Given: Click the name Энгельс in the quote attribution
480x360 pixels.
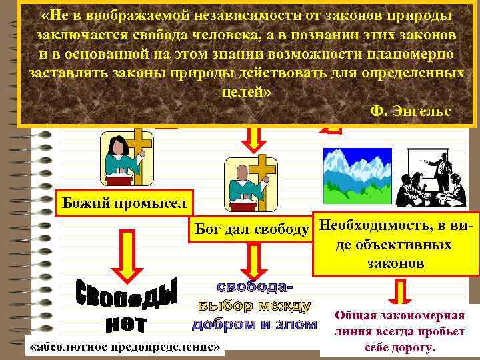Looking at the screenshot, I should [x=426, y=110].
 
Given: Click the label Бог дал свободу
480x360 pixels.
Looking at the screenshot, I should [x=251, y=230].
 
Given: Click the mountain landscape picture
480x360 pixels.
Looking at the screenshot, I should [x=354, y=175].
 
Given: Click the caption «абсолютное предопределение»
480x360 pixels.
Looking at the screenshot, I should [x=125, y=347].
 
